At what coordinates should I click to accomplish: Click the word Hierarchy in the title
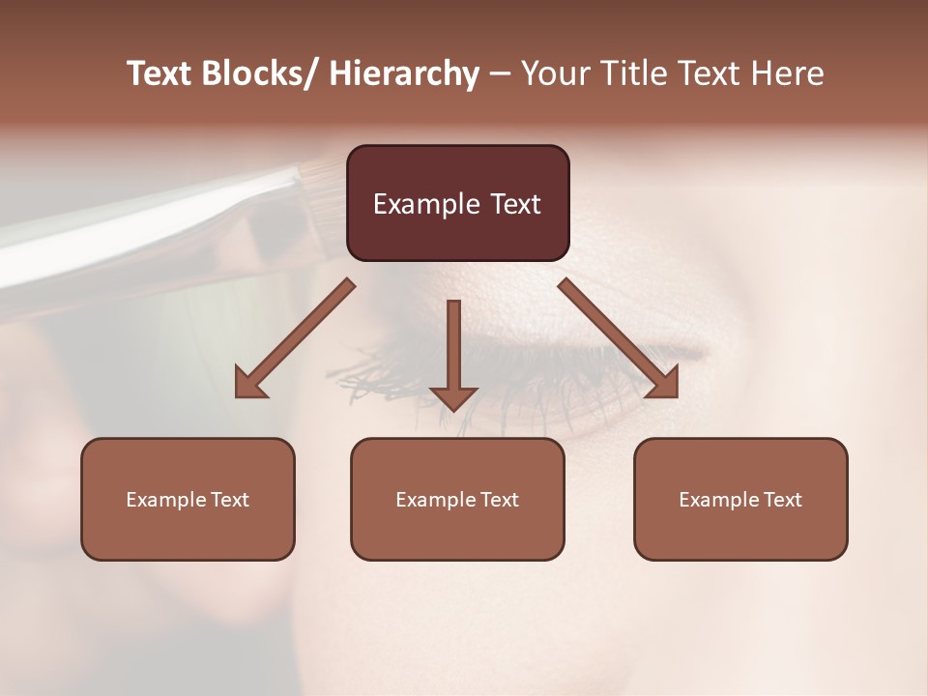coord(404,73)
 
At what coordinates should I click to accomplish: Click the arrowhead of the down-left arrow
coord(250,383)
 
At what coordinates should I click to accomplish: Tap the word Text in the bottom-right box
coord(780,500)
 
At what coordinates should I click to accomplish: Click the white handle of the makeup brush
coord(145,227)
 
